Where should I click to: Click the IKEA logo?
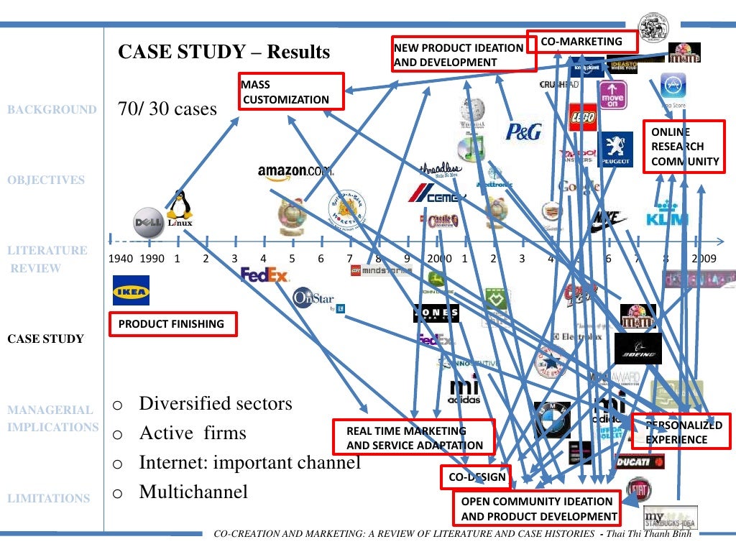click(131, 291)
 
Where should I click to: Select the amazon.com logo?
click(295, 171)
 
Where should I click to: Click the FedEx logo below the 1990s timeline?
click(264, 275)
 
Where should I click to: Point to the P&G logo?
click(523, 131)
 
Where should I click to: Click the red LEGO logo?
click(583, 117)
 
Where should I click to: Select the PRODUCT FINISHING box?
click(172, 324)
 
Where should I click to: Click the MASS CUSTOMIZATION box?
click(292, 92)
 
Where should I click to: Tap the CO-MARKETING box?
click(581, 42)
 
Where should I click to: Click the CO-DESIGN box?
click(477, 477)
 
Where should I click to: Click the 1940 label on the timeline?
click(120, 259)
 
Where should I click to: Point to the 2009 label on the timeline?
click(704, 259)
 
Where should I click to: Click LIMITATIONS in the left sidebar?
click(48, 498)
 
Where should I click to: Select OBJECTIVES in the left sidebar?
click(46, 180)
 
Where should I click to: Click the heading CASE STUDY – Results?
click(224, 52)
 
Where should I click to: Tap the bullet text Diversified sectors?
click(216, 403)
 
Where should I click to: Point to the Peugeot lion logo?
click(615, 149)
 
